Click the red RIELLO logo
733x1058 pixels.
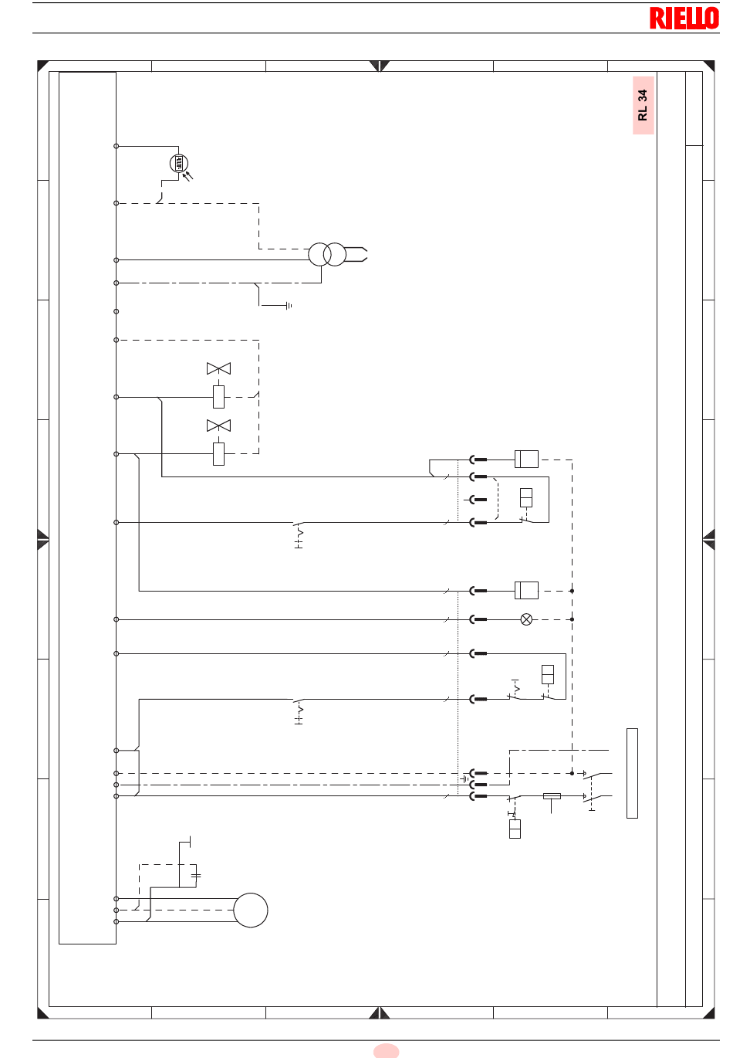pos(684,19)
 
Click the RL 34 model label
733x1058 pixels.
pos(643,105)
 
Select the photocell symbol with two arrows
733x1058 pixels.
pos(181,167)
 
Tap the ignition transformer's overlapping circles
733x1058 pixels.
pos(327,255)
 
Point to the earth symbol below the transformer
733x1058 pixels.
pos(289,306)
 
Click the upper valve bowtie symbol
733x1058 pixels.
pos(218,368)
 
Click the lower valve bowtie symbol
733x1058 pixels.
pos(218,426)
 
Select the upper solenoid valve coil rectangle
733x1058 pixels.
pos(218,397)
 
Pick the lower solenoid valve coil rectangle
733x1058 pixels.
pos(218,454)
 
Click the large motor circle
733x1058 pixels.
pos(251,910)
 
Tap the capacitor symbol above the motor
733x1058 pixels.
pos(196,875)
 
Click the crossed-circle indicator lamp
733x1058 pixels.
pos(526,619)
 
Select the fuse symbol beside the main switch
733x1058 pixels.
pos(552,796)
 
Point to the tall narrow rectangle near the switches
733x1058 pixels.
pos(632,773)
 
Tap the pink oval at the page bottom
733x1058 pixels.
pos(386,1050)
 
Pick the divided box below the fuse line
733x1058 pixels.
pos(515,829)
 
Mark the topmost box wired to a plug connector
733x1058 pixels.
pos(526,459)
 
